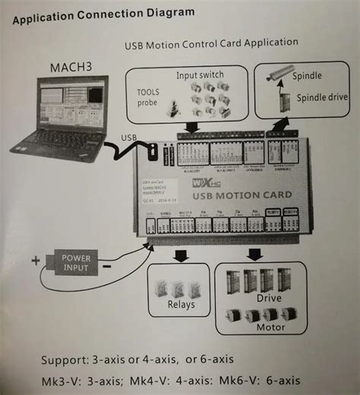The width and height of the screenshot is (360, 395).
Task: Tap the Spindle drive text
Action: coord(322,96)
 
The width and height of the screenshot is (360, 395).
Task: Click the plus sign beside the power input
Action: coord(36,261)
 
